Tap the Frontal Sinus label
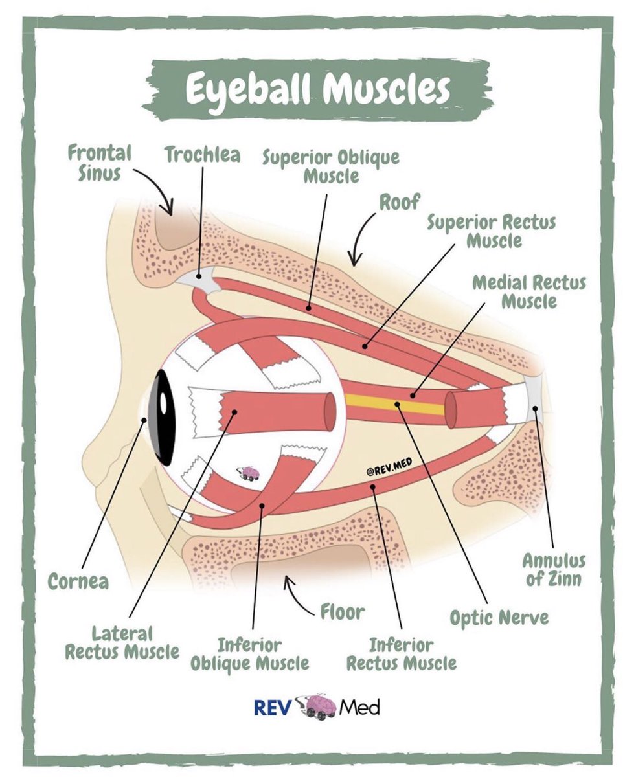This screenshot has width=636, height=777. [100, 163]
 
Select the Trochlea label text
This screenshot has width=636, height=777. [202, 155]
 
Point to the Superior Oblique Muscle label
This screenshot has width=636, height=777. [330, 166]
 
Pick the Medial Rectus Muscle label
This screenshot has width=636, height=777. [528, 292]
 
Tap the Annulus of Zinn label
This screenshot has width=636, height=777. [554, 569]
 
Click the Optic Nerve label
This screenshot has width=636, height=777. [499, 617]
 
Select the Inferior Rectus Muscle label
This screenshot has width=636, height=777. [402, 654]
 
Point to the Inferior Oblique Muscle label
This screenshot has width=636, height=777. [249, 654]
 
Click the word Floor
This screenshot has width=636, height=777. [343, 611]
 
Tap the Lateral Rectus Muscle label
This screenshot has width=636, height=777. [122, 642]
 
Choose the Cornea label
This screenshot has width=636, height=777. [78, 581]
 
